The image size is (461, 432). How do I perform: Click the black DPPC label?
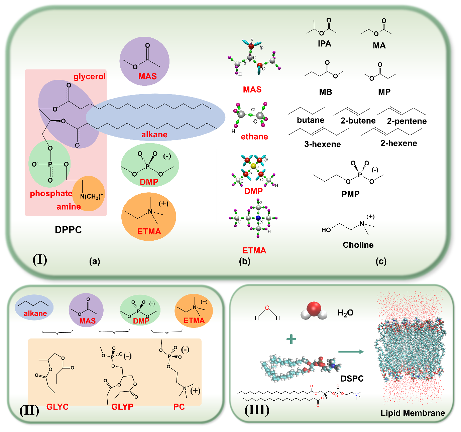[x=68, y=230]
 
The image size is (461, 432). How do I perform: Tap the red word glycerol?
[x=90, y=76]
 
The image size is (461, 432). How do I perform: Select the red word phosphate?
[x=51, y=194]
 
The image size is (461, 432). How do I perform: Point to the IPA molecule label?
[x=324, y=44]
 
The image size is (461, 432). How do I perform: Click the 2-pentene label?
[x=407, y=121]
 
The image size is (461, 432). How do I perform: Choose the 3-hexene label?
[x=323, y=144]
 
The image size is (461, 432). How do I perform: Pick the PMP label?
[x=350, y=194]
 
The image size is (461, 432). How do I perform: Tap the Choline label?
[x=358, y=245]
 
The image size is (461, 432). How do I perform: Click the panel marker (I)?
[x=40, y=259]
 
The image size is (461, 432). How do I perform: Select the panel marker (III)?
[x=257, y=410]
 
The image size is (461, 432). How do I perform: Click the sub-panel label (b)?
[x=245, y=261]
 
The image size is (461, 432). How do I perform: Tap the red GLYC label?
[x=57, y=407]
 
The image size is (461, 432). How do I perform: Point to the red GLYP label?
[x=122, y=407]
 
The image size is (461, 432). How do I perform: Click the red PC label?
[x=179, y=407]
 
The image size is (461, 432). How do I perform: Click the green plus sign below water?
[x=292, y=340]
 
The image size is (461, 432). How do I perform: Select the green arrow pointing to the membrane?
[x=351, y=352]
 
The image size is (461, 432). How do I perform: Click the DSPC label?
[x=352, y=379]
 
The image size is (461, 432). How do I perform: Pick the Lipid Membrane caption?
[x=413, y=413]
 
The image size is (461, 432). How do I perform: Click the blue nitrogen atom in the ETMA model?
[x=258, y=218]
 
